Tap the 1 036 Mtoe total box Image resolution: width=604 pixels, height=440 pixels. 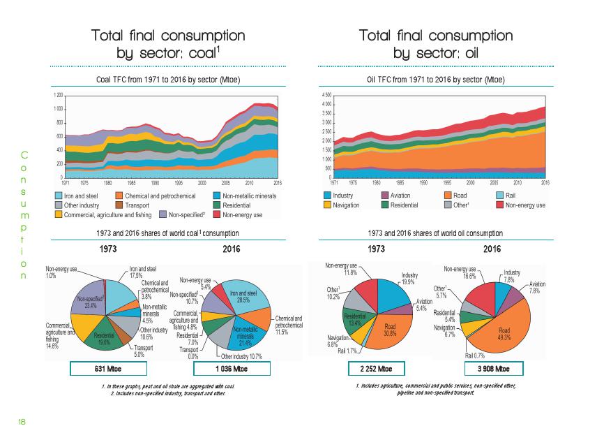[230, 368]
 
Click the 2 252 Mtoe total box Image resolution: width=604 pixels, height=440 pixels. [375, 368]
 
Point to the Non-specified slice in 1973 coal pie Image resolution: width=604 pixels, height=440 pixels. [91, 302]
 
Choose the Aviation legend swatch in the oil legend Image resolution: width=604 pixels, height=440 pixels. [384, 196]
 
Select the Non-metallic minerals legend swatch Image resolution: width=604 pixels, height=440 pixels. [216, 196]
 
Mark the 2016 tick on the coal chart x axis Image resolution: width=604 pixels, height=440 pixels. [277, 182]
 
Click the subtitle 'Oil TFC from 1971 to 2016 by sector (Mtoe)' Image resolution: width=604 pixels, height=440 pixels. [435, 80]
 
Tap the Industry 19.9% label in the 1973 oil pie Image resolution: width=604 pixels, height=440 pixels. [409, 278]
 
